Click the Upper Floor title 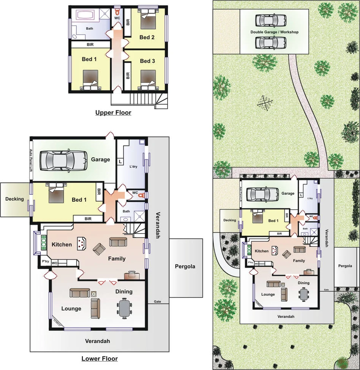pos(113,113)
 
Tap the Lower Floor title pos(100,359)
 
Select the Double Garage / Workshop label pos(274,32)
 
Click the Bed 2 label pos(147,37)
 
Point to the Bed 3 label pos(147,61)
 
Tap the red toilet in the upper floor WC pos(117,11)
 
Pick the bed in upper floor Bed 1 pos(90,79)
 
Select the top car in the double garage pos(271,20)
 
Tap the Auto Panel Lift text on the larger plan pos(31,159)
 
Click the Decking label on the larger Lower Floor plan pos(14,199)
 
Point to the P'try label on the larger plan pos(46,262)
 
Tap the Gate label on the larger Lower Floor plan pos(157,302)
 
